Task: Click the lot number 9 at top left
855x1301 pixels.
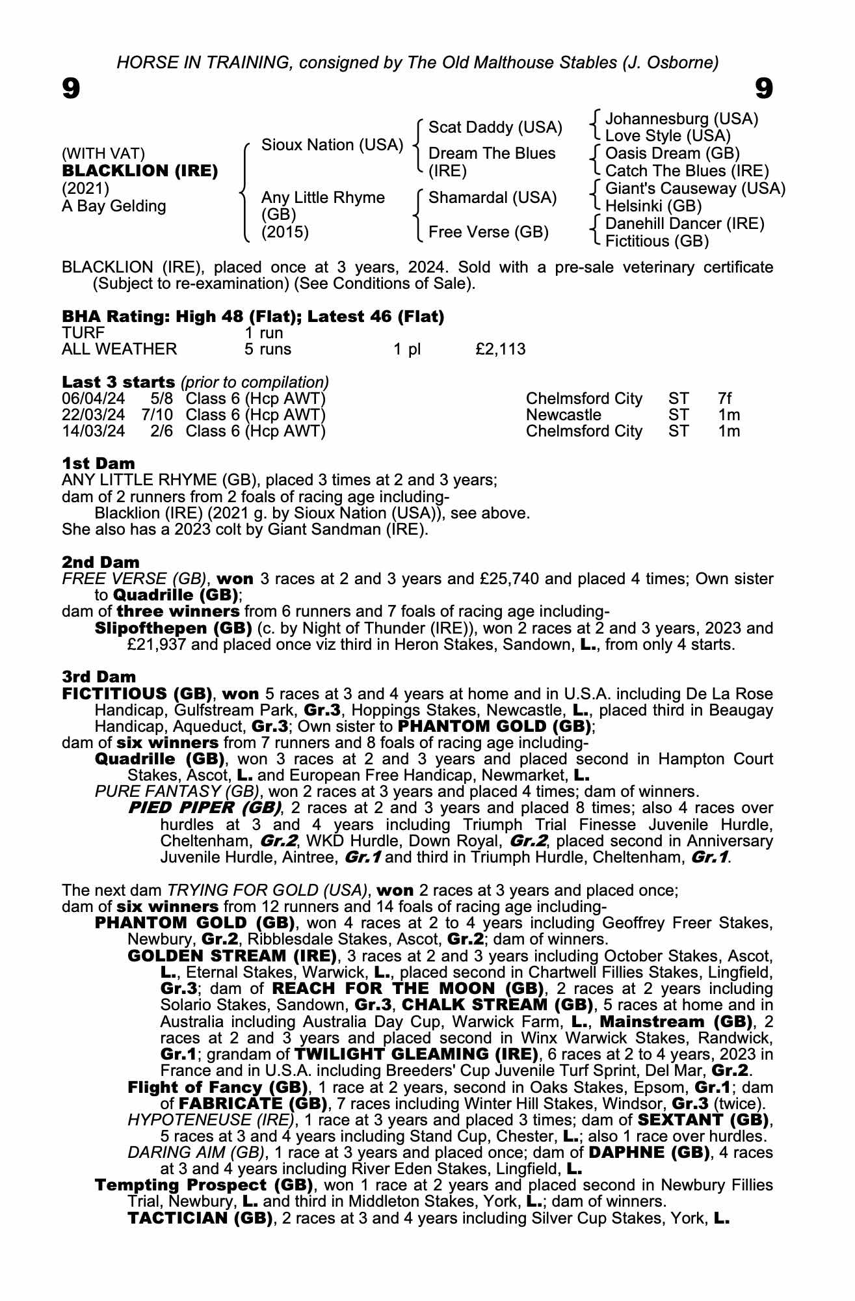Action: pos(71,88)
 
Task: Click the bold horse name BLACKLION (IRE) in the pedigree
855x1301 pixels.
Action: pos(140,171)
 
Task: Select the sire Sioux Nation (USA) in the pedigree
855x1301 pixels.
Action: pos(332,145)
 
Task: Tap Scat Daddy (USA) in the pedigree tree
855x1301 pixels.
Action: pos(495,127)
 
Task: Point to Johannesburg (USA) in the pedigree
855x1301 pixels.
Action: pos(681,119)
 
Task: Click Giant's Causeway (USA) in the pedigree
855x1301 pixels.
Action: pos(695,189)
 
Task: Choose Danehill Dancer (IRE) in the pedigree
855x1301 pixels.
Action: pos(685,224)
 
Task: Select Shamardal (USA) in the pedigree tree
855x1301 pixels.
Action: pos(492,198)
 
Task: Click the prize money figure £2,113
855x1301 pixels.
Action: pos(500,349)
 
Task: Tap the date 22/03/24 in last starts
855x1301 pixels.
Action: pos(94,415)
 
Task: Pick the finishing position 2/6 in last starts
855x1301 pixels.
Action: pos(161,431)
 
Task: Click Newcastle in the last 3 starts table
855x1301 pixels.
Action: pos(563,415)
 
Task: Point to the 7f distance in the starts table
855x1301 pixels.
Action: pos(724,399)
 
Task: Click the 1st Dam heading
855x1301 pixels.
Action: pos(98,464)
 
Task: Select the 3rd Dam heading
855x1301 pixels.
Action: pos(99,677)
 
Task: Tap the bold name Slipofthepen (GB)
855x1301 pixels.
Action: pos(173,628)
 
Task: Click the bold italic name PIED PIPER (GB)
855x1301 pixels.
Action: pos(205,809)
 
